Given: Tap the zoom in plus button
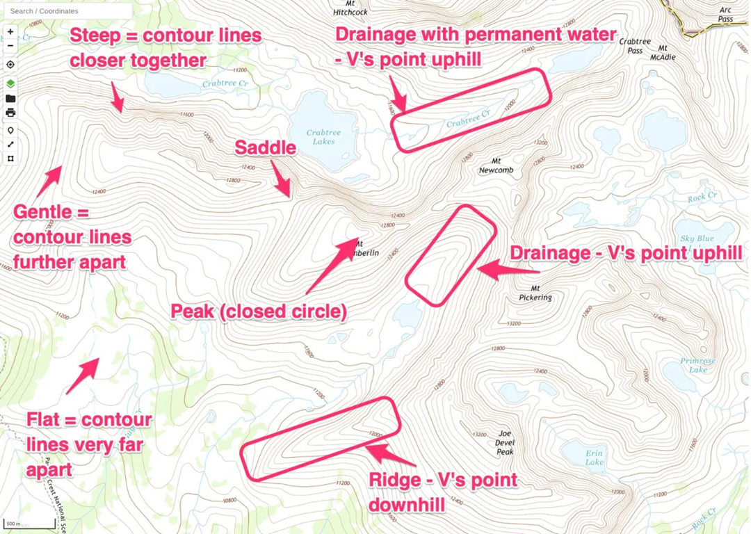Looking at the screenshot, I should (10, 32).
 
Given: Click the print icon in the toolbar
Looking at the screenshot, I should (10, 113).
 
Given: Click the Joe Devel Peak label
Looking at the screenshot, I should (505, 442).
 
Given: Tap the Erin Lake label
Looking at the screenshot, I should (594, 458).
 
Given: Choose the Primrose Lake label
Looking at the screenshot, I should (695, 366).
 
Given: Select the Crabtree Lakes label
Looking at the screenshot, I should (321, 137).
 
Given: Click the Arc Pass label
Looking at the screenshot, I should (725, 15).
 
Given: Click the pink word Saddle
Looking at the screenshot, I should (266, 147).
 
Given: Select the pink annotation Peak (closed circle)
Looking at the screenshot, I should (259, 311).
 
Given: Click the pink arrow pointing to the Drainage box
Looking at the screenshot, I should (498, 269).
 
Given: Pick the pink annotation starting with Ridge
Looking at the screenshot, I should (443, 490).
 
